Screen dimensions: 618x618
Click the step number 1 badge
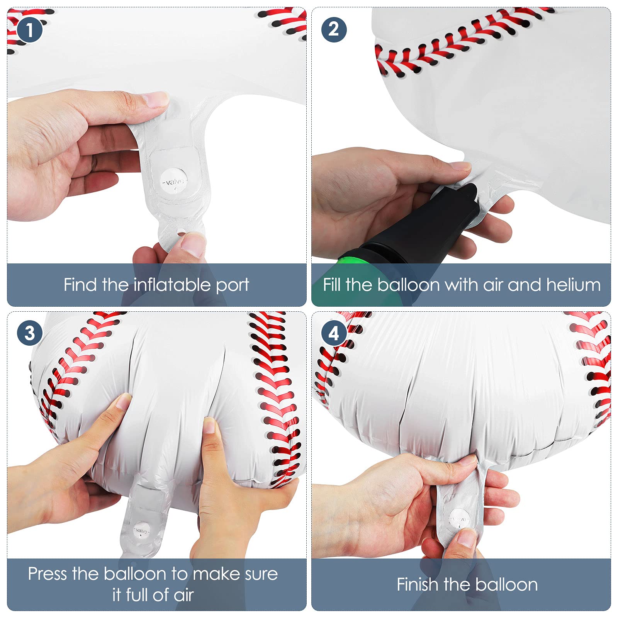(30, 30)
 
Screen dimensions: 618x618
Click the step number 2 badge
(334, 30)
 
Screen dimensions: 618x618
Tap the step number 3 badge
(30, 333)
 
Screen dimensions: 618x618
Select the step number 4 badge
(334, 333)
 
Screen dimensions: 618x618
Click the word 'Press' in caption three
(47, 574)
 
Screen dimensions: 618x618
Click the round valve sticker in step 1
(174, 181)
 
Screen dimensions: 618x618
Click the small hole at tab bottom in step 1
(181, 232)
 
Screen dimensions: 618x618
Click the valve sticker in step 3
(141, 531)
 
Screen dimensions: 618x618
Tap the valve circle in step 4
(460, 519)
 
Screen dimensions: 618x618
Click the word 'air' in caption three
(183, 595)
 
